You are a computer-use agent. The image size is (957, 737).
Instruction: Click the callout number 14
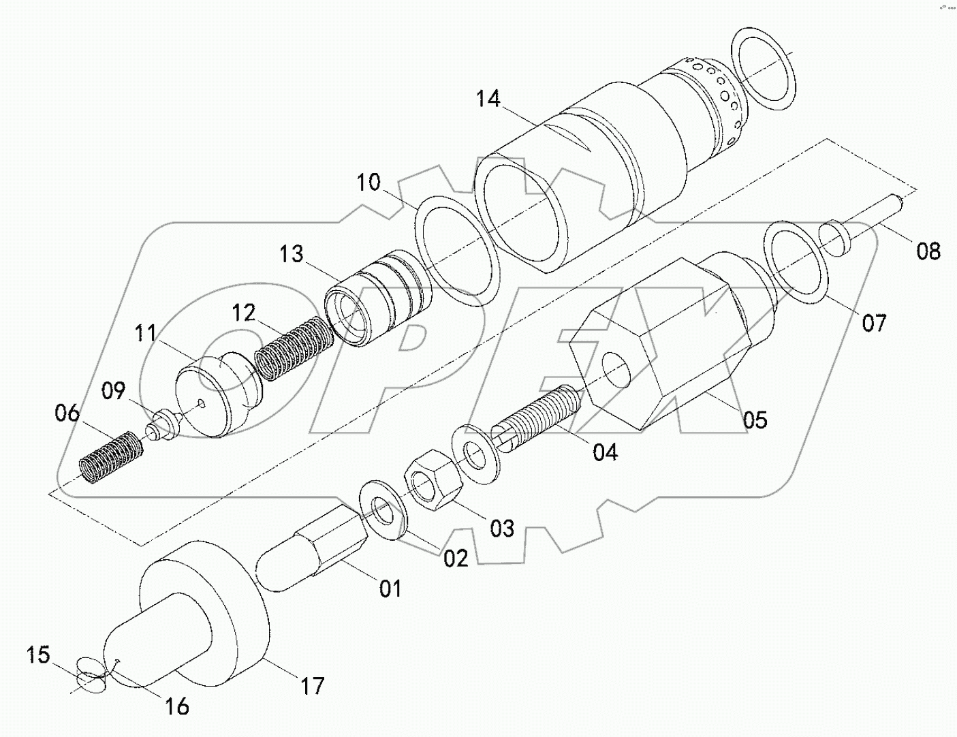pos(488,100)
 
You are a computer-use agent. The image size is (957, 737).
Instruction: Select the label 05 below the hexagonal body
pos(755,420)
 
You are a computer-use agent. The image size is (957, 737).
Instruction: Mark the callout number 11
pos(145,334)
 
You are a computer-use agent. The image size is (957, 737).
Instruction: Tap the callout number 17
pos(313,685)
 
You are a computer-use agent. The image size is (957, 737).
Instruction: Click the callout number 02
pos(456,559)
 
